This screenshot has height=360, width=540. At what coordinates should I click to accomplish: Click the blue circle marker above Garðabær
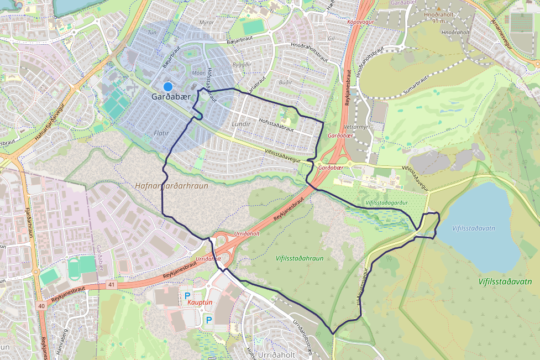pyautogui.click(x=168, y=87)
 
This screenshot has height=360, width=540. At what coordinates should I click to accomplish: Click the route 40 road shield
pyautogui.click(x=42, y=305)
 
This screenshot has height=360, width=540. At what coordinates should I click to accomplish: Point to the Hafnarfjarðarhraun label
pyautogui.click(x=171, y=186)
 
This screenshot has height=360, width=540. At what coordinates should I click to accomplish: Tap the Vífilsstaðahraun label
pyautogui.click(x=299, y=258)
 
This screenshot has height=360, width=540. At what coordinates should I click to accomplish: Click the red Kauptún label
pyautogui.click(x=200, y=303)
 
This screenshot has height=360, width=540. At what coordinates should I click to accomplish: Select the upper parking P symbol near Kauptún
pyautogui.click(x=187, y=296)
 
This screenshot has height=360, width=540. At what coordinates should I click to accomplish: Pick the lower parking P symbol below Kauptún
pyautogui.click(x=208, y=320)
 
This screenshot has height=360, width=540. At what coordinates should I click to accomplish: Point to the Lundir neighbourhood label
pyautogui.click(x=242, y=124)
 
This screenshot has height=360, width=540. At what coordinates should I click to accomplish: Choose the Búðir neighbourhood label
pyautogui.click(x=285, y=82)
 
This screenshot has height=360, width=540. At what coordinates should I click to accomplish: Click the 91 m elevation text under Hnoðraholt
pyautogui.click(x=439, y=21)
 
